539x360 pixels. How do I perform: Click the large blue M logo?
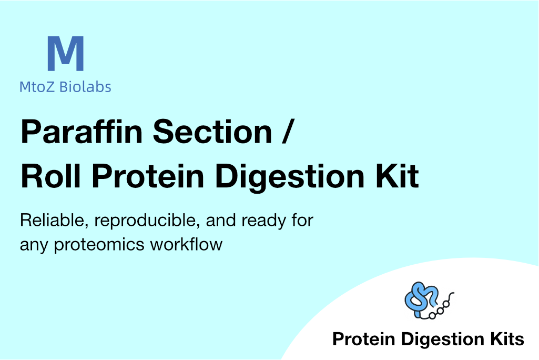(x=65, y=53)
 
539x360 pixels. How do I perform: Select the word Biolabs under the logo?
(x=85, y=87)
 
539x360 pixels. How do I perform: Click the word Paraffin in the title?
(x=82, y=132)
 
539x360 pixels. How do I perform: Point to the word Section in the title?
(x=212, y=132)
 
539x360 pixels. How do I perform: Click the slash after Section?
(x=287, y=132)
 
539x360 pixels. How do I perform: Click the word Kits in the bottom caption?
(x=507, y=339)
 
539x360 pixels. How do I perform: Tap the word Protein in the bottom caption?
(x=364, y=339)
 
